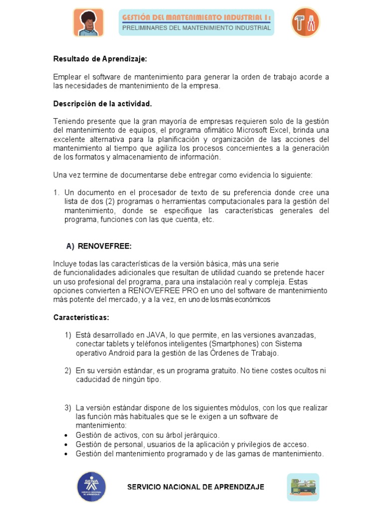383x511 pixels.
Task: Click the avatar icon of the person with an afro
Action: pyautogui.click(x=88, y=22)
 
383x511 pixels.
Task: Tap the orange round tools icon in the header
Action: pyautogui.click(x=305, y=22)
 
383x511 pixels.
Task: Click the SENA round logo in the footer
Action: pyautogui.click(x=91, y=487)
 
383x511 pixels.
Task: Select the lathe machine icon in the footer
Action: pyautogui.click(x=303, y=487)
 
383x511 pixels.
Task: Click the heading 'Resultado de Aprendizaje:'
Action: pyautogui.click(x=100, y=59)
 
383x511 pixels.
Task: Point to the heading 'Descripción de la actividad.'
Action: pyautogui.click(x=103, y=104)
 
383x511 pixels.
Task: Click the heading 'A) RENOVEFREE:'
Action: pyautogui.click(x=99, y=247)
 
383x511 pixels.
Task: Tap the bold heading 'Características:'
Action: pyautogui.click(x=81, y=317)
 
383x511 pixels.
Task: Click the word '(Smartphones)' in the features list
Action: pyautogui.click(x=234, y=344)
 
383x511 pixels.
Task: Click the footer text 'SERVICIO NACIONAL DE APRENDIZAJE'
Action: pyautogui.click(x=196, y=487)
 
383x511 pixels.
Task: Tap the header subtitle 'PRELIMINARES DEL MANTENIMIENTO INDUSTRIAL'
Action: pyautogui.click(x=196, y=28)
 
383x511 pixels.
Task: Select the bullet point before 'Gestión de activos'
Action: pyautogui.click(x=66, y=436)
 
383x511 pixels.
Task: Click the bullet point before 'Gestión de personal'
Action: pyautogui.click(x=66, y=445)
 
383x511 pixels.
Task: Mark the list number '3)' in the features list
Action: pyautogui.click(x=68, y=408)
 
